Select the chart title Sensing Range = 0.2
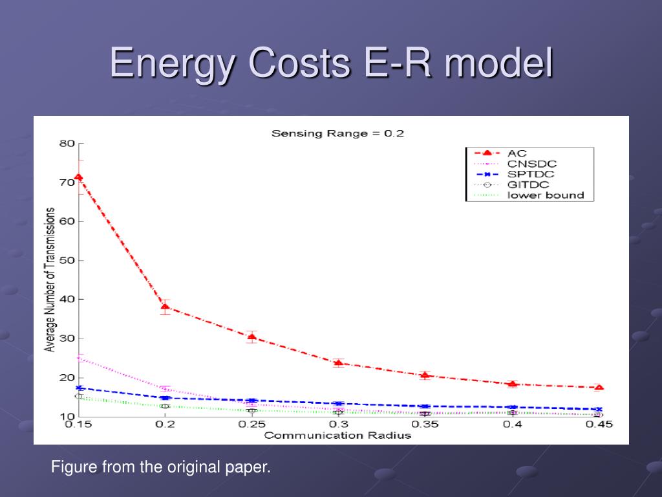[x=337, y=133]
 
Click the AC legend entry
[x=517, y=153]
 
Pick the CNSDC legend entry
[x=532, y=164]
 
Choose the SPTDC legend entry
[x=531, y=174]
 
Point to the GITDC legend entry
[x=528, y=184]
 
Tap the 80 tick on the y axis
[x=67, y=144]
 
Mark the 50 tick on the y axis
[x=67, y=260]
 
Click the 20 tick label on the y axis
[x=67, y=377]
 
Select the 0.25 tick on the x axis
[x=251, y=424]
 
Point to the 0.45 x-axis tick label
[x=599, y=424]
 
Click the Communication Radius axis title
[x=337, y=436]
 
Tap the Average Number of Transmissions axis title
[x=50, y=280]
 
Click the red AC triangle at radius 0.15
[x=78, y=177]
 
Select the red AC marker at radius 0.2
[x=165, y=307]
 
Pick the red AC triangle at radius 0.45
[x=599, y=387]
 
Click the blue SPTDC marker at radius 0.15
[x=78, y=388]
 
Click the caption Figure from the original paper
[x=161, y=467]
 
